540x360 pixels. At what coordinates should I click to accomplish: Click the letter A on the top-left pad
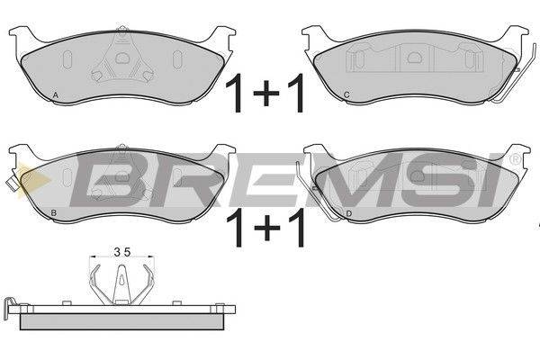56,95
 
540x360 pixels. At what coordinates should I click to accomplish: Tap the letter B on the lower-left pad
53,213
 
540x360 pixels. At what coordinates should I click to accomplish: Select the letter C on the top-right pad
346,94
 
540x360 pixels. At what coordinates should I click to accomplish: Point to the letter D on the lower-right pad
349,214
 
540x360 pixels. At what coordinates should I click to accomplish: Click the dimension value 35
122,253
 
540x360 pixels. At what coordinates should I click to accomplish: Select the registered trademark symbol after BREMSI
515,159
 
